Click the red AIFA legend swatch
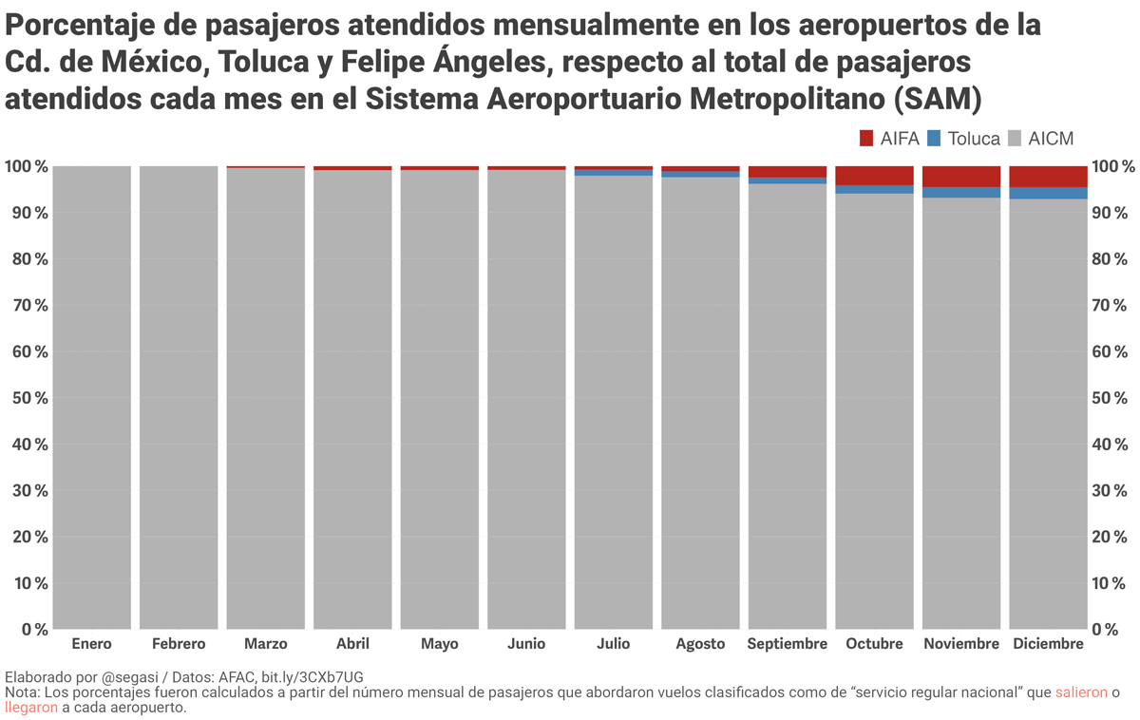pos(866,139)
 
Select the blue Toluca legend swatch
pos(933,139)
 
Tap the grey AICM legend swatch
pos(1014,139)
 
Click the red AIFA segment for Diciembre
pos(1048,177)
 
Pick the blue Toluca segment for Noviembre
pos(960,193)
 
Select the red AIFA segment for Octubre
pos(874,176)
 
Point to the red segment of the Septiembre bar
pos(787,172)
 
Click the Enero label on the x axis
pos(91,644)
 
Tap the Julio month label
pos(613,644)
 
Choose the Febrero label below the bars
pos(178,644)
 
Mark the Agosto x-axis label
pos(700,644)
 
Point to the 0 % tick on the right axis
pos(1111,629)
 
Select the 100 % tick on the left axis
pos(26,167)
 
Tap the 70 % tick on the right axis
pos(1113,306)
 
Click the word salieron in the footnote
pos(1081,693)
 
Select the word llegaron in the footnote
pos(30,709)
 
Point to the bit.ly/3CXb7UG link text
pos(313,677)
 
